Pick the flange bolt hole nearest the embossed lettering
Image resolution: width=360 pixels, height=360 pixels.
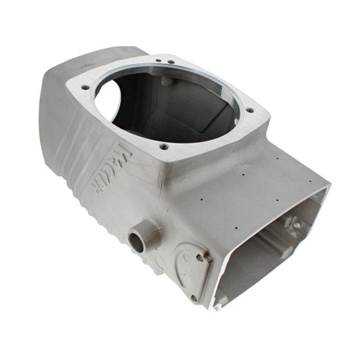tap(164, 147)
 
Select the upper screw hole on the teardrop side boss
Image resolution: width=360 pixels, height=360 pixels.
tap(199, 258)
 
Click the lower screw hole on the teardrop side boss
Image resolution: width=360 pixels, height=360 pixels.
tap(194, 297)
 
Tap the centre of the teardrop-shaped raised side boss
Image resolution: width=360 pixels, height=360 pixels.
tap(186, 270)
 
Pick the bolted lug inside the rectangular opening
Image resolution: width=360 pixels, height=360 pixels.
tap(296, 225)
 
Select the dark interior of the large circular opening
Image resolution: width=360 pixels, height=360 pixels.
tap(180, 109)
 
